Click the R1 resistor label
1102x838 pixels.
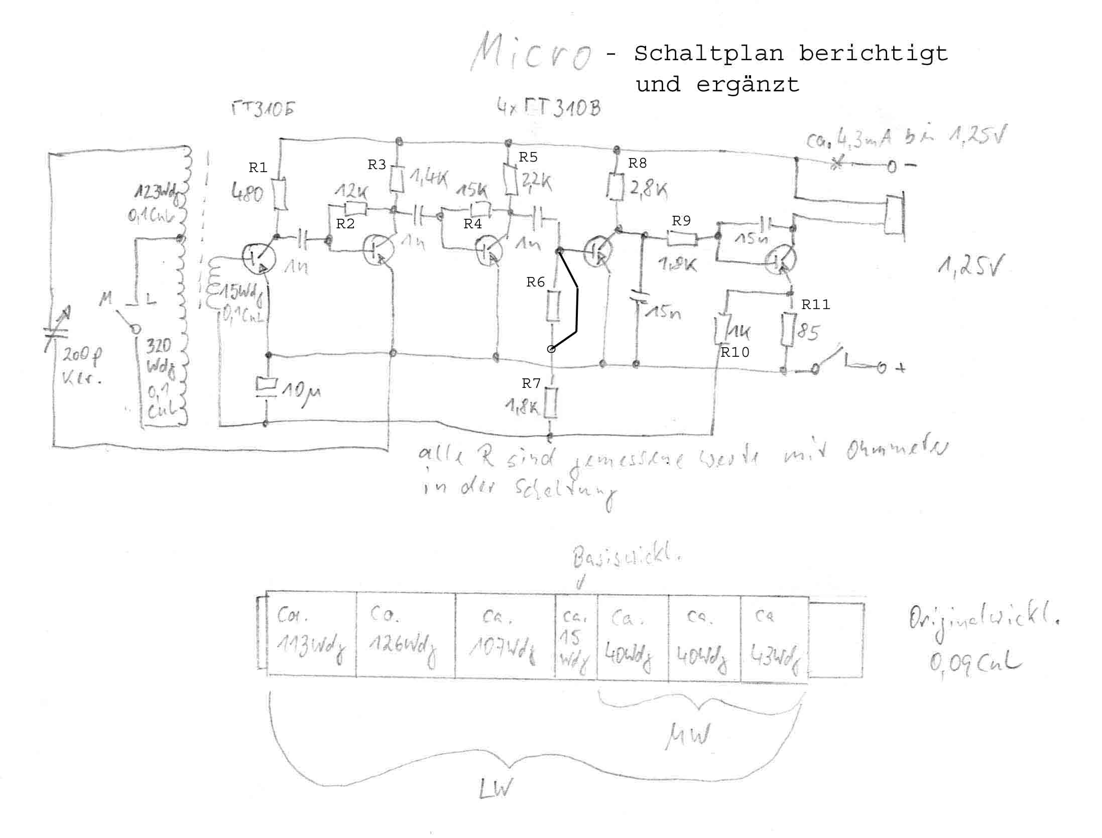(258, 168)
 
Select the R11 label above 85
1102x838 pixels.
(816, 305)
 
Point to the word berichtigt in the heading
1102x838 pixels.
(873, 53)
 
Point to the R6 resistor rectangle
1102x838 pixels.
(552, 306)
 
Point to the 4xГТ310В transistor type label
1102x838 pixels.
(548, 108)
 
